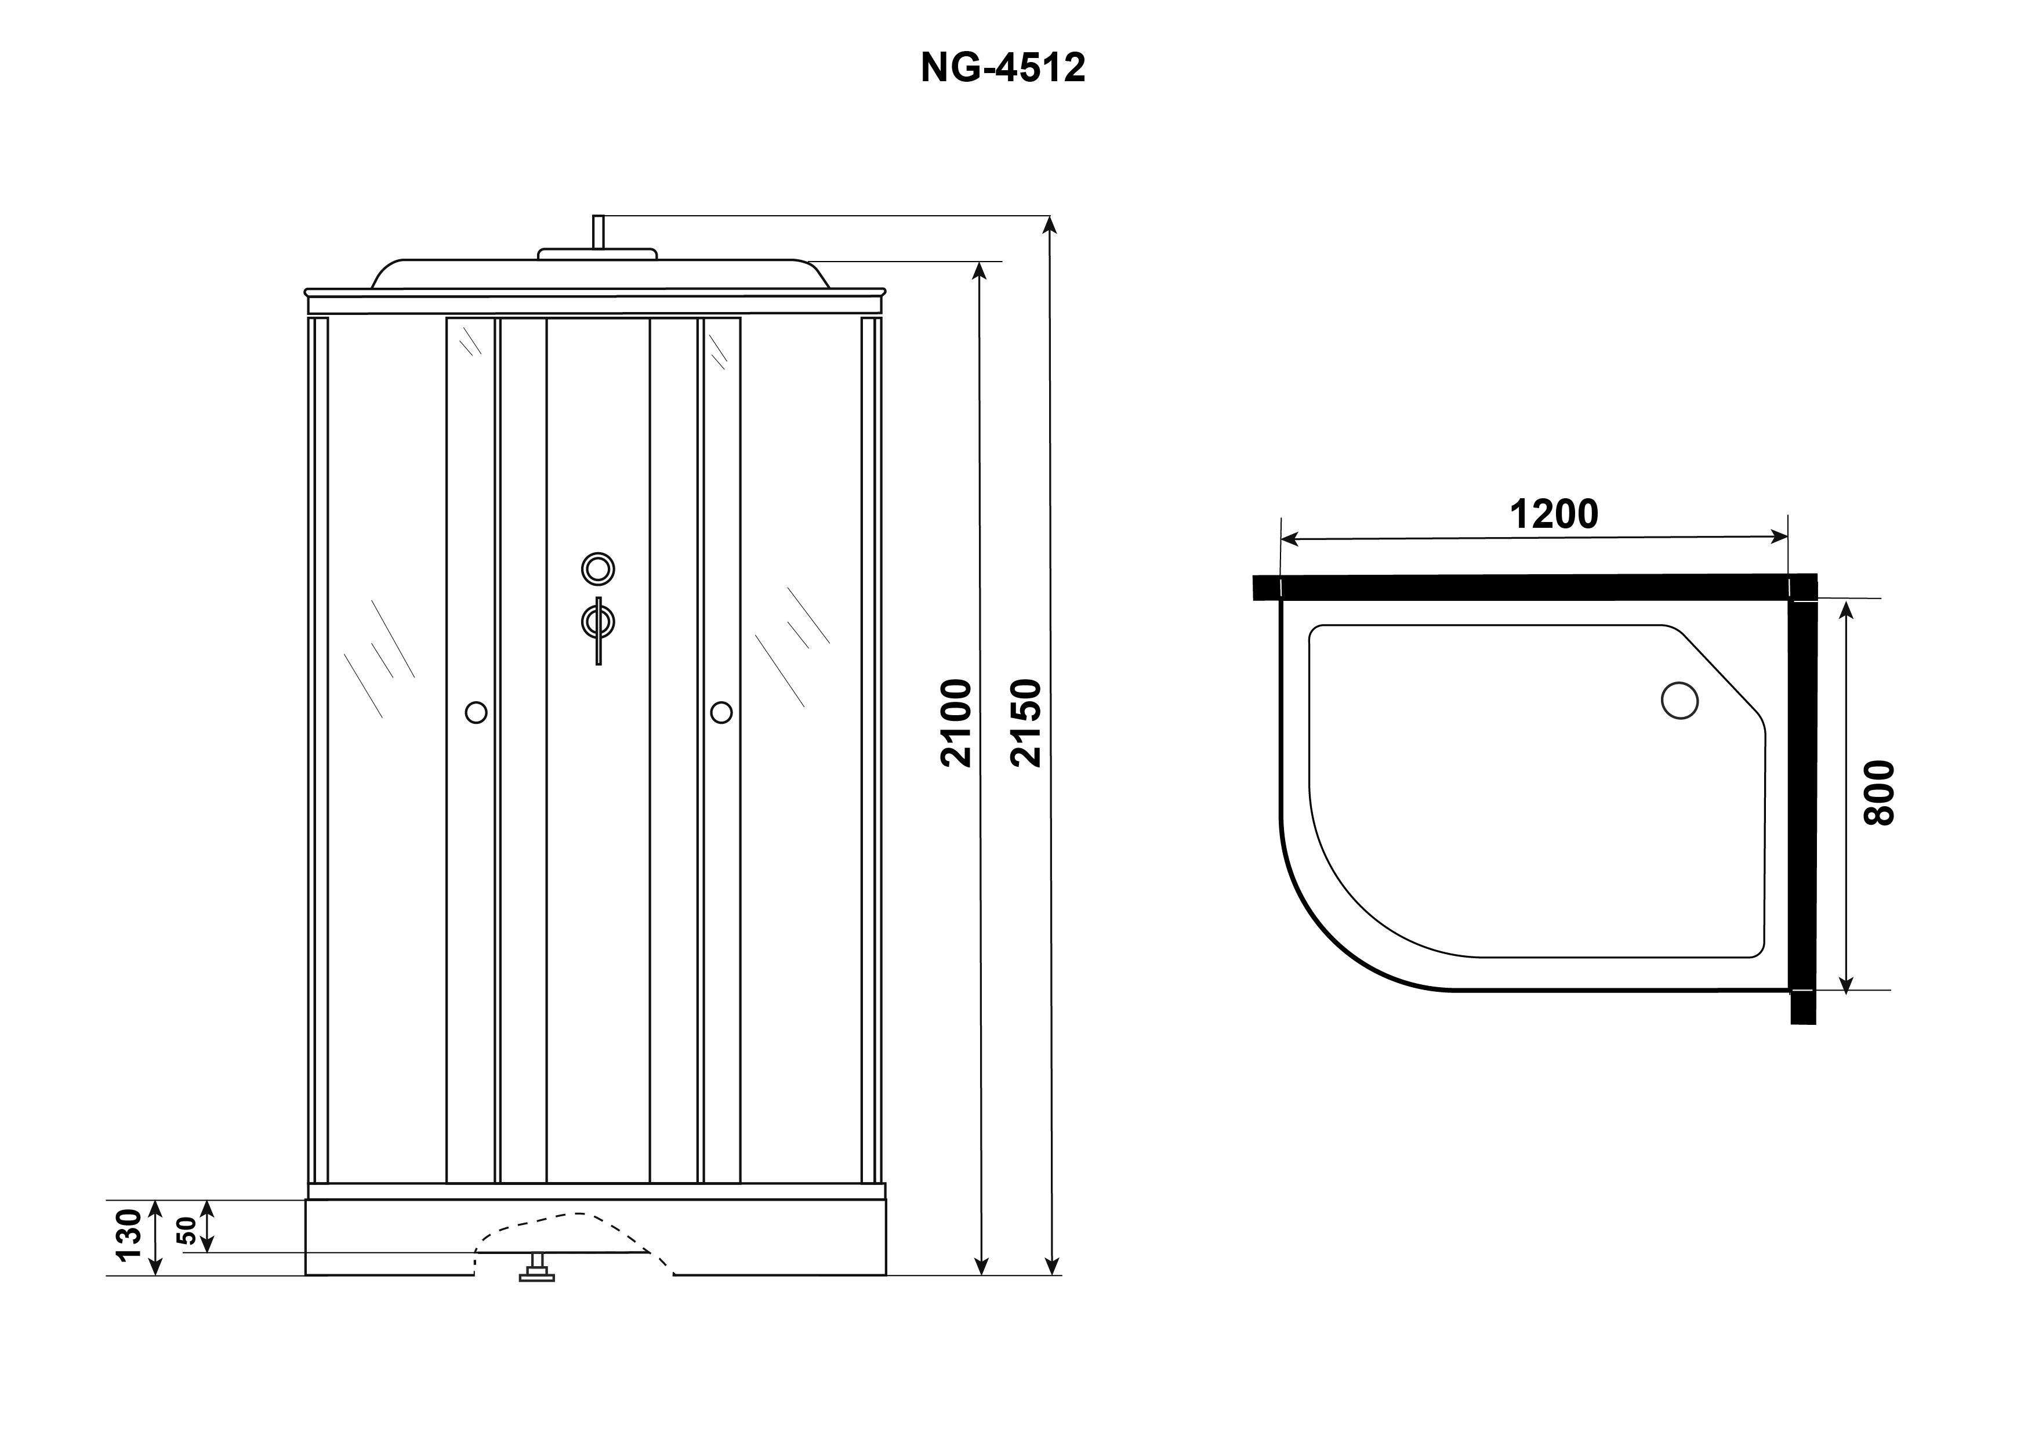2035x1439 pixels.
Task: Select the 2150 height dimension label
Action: pos(1025,723)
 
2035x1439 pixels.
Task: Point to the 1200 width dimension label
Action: pos(1554,514)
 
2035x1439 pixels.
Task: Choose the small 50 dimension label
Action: pos(187,1231)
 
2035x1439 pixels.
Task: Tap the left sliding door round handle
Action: pos(476,712)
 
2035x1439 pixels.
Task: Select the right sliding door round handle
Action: pos(721,712)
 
